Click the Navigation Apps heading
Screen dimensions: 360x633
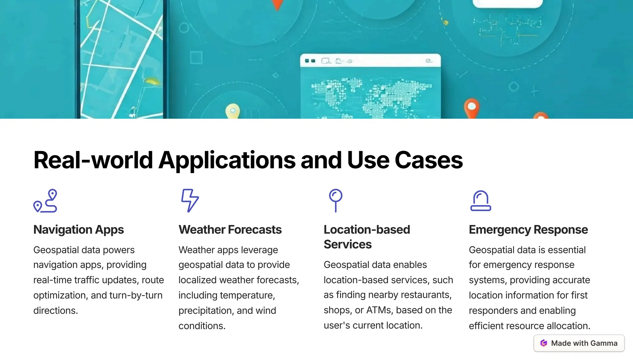pyautogui.click(x=79, y=230)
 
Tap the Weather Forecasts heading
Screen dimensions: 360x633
pyautogui.click(x=230, y=230)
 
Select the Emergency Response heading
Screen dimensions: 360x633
pyautogui.click(x=528, y=230)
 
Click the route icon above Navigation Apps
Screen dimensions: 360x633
pyautogui.click(x=45, y=201)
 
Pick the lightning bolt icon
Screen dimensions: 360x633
pyautogui.click(x=190, y=201)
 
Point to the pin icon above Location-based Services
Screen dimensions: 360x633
pyautogui.click(x=336, y=201)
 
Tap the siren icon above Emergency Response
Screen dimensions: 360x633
pyautogui.click(x=481, y=201)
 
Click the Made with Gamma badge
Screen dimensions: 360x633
pyautogui.click(x=579, y=343)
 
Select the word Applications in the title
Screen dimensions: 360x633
pyautogui.click(x=227, y=160)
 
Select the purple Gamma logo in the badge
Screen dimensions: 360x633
pyautogui.click(x=544, y=343)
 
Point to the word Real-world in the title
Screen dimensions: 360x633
pyautogui.click(x=93, y=160)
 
